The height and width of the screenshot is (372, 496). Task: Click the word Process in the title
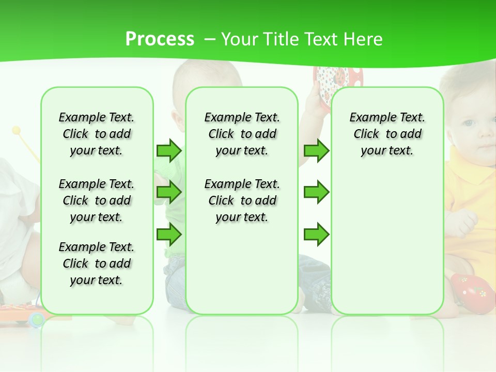(x=160, y=39)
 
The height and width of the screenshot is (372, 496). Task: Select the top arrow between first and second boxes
(x=169, y=150)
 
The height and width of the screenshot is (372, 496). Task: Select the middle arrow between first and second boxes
(x=169, y=192)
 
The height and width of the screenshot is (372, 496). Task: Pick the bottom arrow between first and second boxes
(x=169, y=234)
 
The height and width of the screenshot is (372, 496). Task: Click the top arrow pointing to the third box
(x=316, y=150)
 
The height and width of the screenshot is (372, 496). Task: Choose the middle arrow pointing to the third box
(x=316, y=192)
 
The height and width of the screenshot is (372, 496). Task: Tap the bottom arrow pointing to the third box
(x=316, y=234)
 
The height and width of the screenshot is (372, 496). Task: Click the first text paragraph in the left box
(x=97, y=134)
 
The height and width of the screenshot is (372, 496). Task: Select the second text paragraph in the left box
(x=97, y=200)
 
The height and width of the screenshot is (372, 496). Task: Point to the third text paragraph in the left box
(x=97, y=263)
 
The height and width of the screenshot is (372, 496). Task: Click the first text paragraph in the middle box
(x=242, y=134)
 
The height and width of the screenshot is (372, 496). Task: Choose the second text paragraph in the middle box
(x=242, y=200)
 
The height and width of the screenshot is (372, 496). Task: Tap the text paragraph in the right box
(x=387, y=134)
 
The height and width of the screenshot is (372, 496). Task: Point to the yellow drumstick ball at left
(x=17, y=130)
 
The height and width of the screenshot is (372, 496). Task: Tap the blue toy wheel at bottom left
(x=37, y=319)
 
